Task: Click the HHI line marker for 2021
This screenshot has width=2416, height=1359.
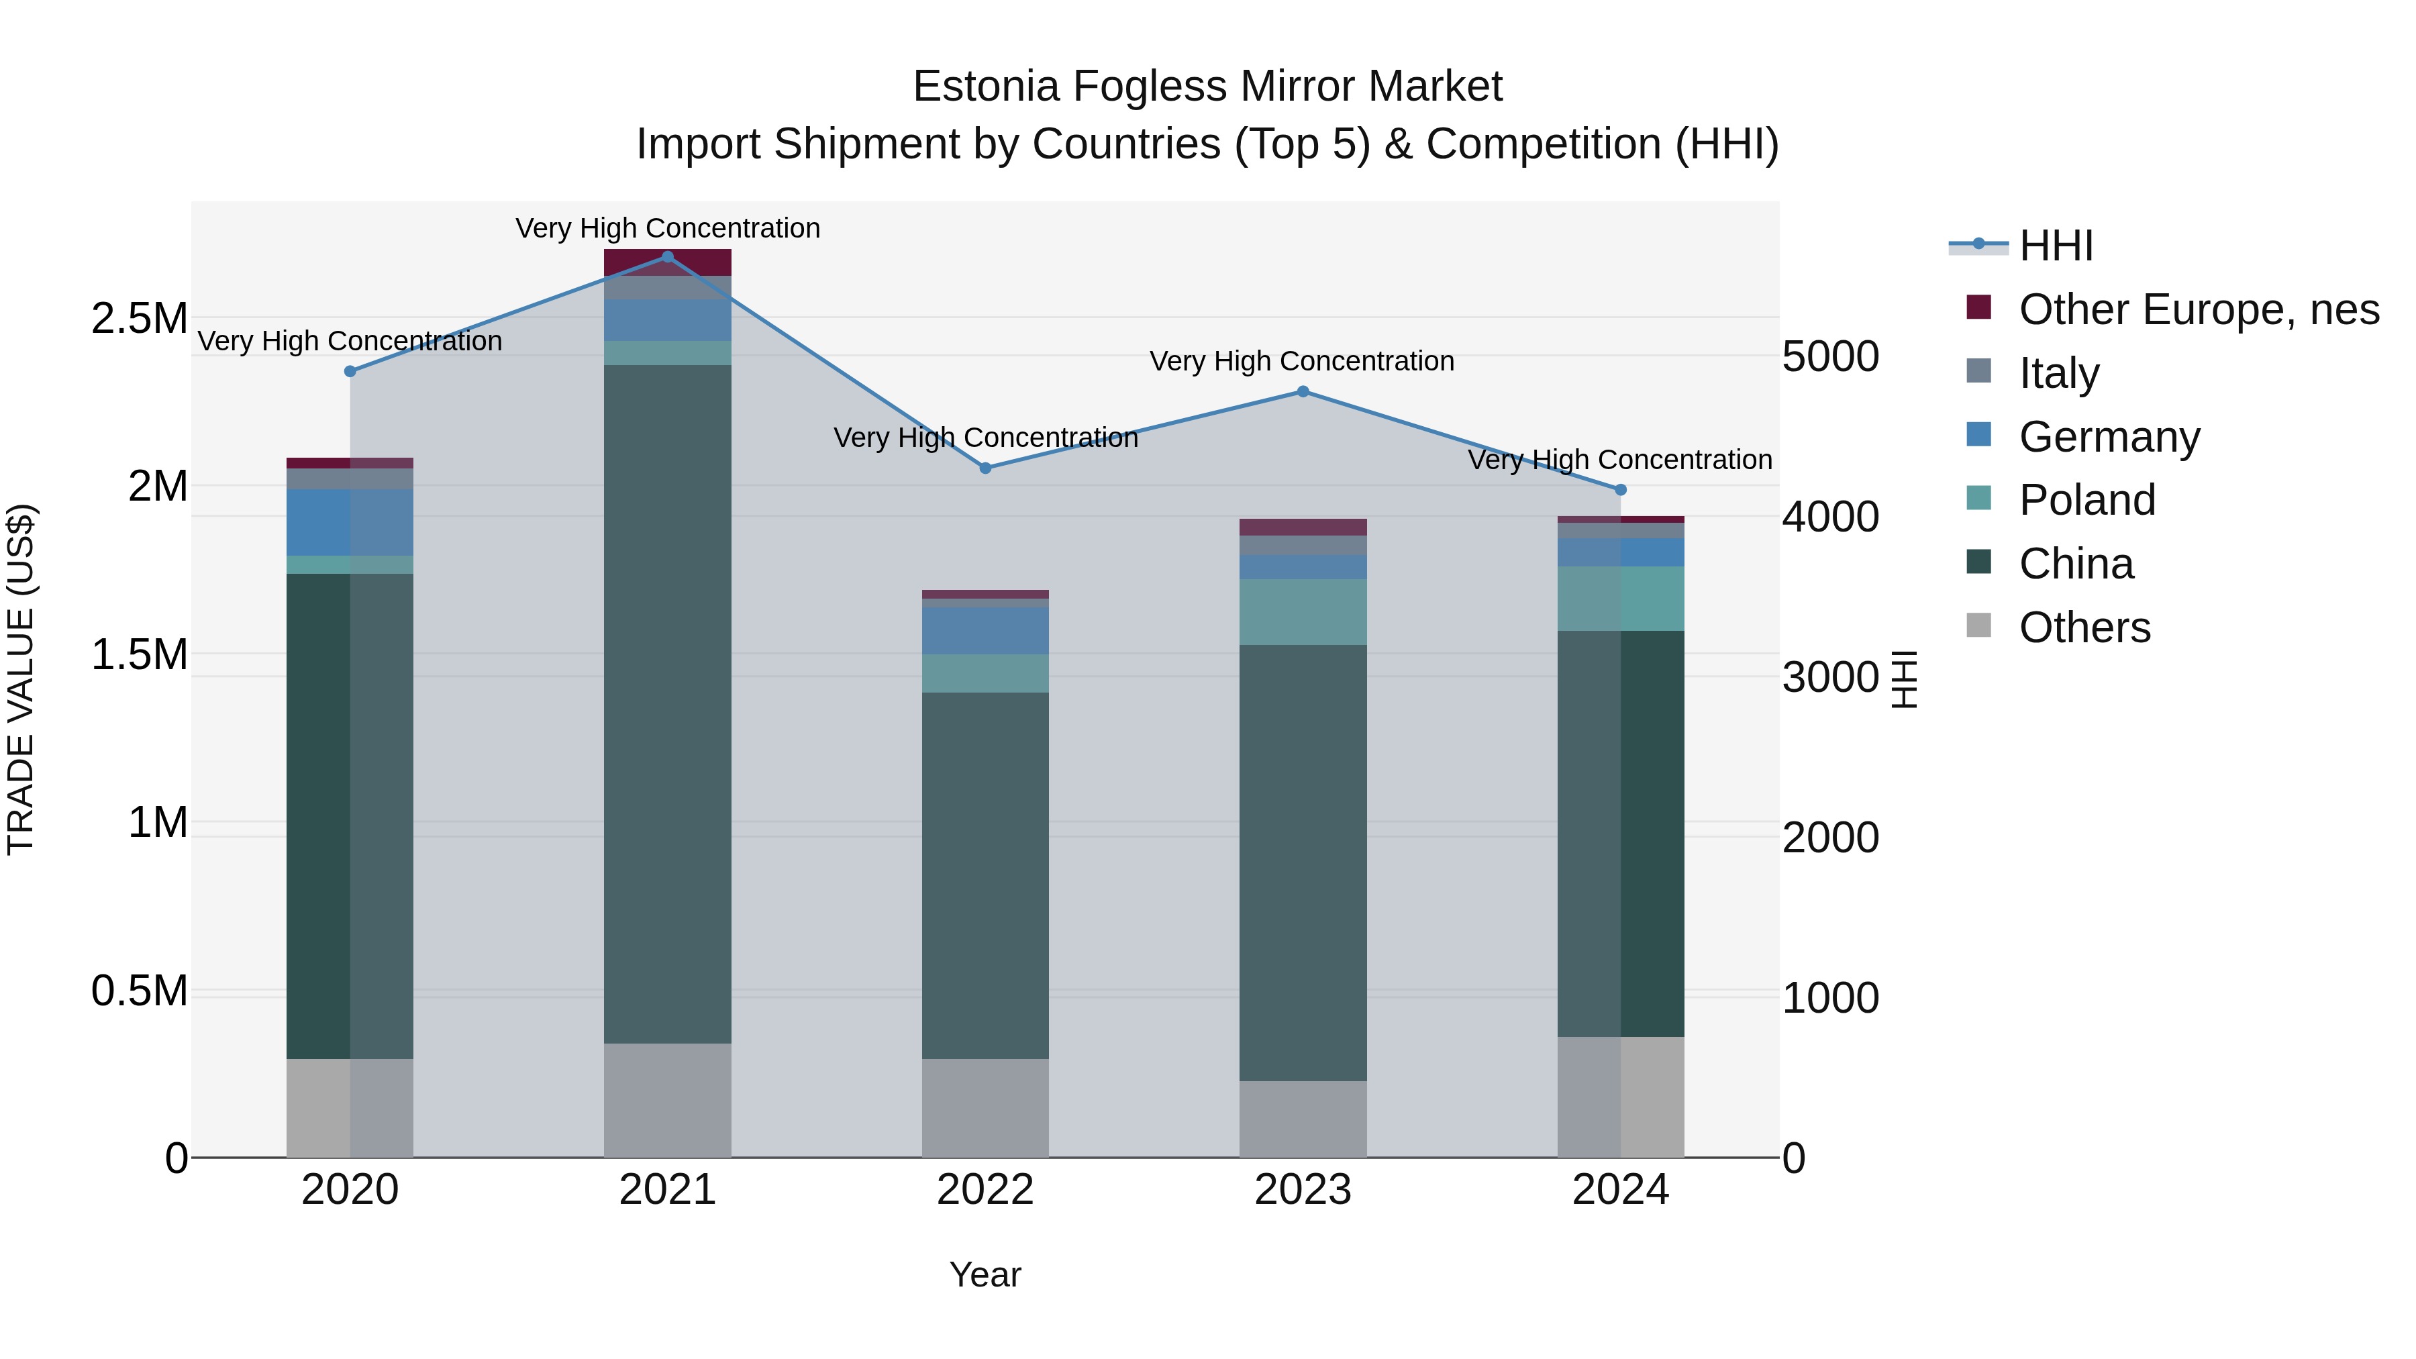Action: coord(668,257)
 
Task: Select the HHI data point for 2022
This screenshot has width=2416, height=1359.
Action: coord(985,468)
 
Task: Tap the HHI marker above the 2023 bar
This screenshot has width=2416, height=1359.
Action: coord(1303,392)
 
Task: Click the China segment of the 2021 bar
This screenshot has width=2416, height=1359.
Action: coord(668,703)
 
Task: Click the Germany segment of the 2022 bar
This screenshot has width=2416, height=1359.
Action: coord(985,630)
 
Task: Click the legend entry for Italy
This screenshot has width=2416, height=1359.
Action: coord(2060,373)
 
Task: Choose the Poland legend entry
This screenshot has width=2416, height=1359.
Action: coord(2086,500)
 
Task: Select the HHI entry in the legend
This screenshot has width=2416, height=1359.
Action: coord(2056,246)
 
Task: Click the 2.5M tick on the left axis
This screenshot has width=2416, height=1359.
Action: coord(139,319)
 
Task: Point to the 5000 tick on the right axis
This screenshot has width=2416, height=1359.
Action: coord(1830,356)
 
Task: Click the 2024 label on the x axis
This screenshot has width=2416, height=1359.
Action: coord(1620,1190)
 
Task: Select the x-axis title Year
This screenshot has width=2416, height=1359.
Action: coord(985,1274)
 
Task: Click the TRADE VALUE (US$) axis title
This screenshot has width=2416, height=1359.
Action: coord(21,679)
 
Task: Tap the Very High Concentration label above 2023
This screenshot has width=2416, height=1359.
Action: coord(1302,361)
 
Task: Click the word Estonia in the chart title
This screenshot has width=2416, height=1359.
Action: coord(986,87)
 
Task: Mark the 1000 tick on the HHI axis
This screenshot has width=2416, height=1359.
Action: coord(1830,998)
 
